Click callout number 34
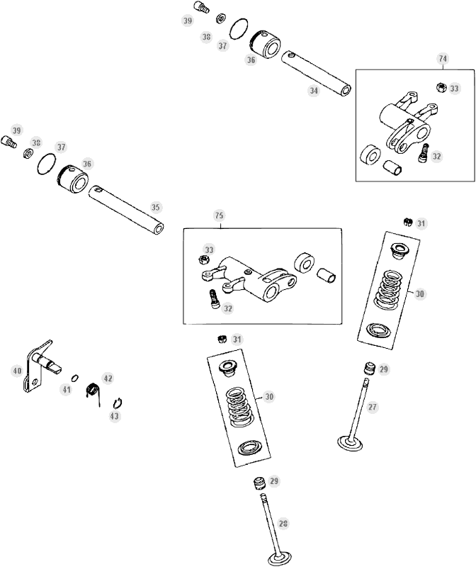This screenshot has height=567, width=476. coord(314,91)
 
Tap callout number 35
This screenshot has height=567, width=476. coord(156,207)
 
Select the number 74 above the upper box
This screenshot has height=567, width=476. coord(443,59)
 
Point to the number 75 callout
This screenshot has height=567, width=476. coord(219,215)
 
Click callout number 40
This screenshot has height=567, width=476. coord(16,370)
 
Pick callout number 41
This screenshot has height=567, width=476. coord(66,389)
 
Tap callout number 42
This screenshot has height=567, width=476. coord(108,378)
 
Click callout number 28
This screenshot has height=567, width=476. coord(283,524)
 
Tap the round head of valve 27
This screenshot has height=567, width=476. coord(352,442)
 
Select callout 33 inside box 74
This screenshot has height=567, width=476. coord(454,89)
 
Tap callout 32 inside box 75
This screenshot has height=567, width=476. coord(227,308)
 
